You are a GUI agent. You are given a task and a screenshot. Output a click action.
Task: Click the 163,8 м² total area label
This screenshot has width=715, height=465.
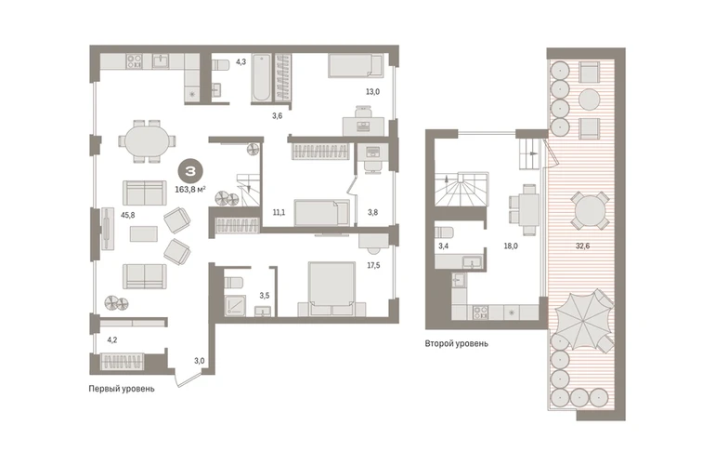click(190, 189)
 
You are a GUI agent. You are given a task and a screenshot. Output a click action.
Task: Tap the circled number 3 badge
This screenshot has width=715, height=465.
click(190, 171)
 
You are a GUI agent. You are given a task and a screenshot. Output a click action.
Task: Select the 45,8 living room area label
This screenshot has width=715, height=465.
click(128, 215)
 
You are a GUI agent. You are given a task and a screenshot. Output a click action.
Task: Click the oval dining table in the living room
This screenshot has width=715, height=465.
click(147, 141)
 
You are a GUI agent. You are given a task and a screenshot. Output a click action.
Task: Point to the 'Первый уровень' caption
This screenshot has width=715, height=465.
click(122, 389)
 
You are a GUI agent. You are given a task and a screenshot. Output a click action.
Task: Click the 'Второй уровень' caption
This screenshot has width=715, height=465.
click(457, 343)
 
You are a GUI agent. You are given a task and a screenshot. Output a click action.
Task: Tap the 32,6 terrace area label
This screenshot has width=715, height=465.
click(582, 246)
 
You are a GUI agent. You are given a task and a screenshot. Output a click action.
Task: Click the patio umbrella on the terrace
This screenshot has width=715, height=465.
click(584, 320)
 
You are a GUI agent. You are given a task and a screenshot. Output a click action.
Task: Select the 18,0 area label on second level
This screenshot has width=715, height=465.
click(511, 246)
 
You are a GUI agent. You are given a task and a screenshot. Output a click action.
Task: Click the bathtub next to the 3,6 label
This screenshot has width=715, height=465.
click(262, 77)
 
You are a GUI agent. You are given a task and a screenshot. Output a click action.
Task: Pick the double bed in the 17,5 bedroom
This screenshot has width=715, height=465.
click(331, 288)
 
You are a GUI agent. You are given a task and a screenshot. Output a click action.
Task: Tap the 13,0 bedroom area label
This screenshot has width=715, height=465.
click(372, 91)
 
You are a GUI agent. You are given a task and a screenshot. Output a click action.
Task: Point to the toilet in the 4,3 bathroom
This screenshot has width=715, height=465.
click(221, 65)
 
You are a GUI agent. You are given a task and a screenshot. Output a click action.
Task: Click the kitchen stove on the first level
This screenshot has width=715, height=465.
click(134, 61)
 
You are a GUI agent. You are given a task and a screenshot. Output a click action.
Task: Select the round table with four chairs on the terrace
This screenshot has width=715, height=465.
click(590, 210)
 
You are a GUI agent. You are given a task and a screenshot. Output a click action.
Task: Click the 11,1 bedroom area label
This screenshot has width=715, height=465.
click(279, 212)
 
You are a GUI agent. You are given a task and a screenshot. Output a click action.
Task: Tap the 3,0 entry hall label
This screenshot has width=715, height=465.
click(200, 361)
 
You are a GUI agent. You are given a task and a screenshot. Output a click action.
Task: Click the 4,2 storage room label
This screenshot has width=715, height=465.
click(111, 339)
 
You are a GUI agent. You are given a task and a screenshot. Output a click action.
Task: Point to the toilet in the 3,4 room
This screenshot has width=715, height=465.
click(444, 232)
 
